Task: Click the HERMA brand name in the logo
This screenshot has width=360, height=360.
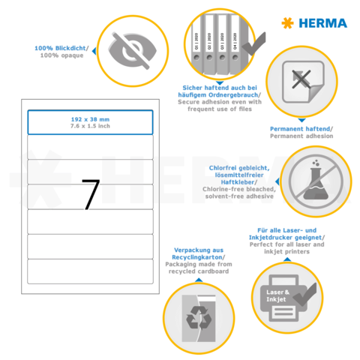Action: point(323,23)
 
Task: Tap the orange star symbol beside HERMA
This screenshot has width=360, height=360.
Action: point(286,23)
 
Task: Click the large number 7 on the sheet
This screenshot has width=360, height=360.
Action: point(90,194)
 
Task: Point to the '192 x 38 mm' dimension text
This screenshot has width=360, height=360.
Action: point(90,118)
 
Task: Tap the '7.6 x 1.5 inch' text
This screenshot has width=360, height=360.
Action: point(90,125)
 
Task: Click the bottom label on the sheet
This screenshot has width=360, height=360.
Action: point(90,271)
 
